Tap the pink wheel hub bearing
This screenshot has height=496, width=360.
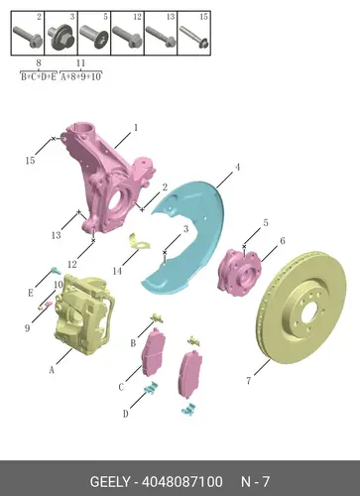pyautogui.click(x=240, y=273)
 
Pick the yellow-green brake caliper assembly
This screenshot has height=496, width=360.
pyautogui.click(x=84, y=314)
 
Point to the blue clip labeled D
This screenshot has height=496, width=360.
pyautogui.click(x=151, y=388)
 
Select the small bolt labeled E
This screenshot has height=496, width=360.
pyautogui.click(x=56, y=271)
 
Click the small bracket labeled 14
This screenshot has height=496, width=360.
pyautogui.click(x=138, y=241)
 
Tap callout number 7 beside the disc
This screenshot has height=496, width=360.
pyautogui.click(x=249, y=381)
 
